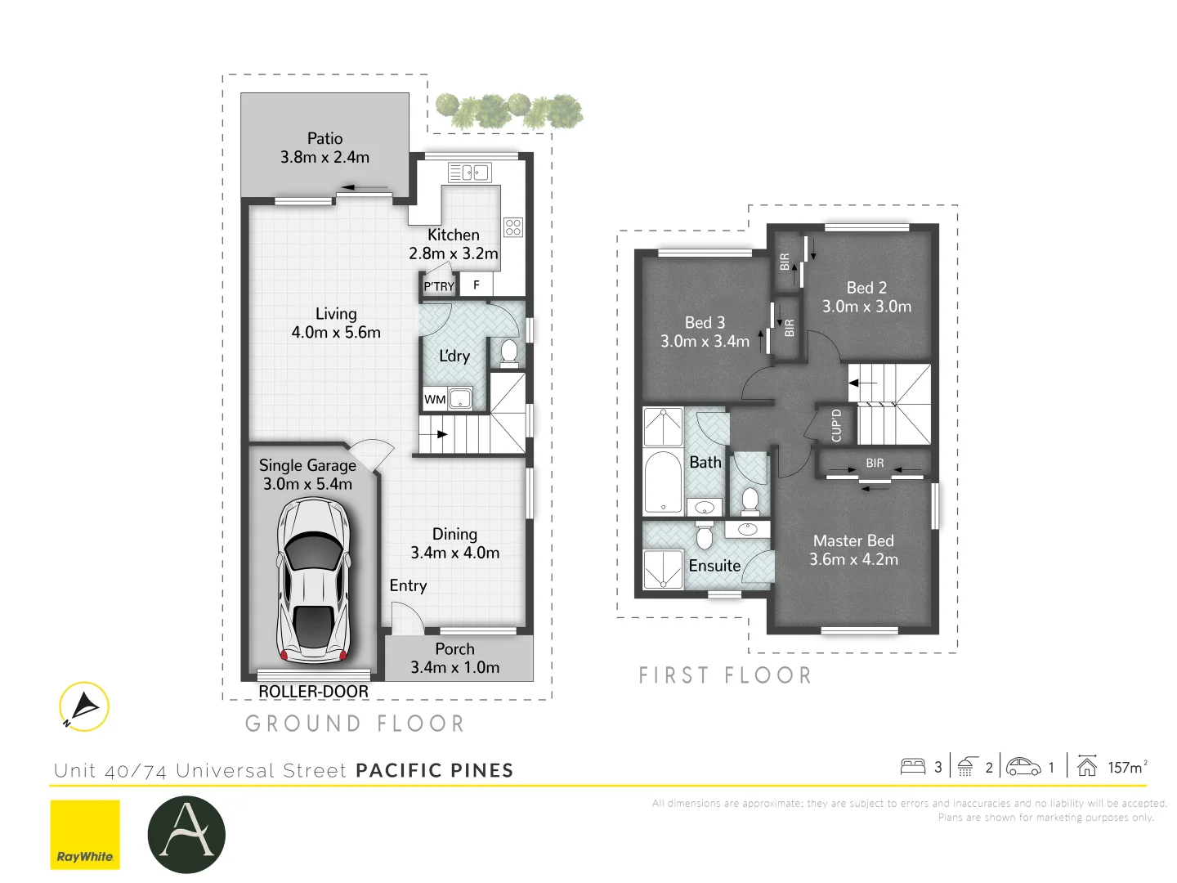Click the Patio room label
324,138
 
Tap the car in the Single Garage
314,580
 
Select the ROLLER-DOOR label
313,692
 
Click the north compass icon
83,706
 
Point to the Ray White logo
85,834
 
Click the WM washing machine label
434,400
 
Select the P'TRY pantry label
438,286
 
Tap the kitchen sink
469,173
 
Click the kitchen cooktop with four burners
513,226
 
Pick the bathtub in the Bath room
663,482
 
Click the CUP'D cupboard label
836,425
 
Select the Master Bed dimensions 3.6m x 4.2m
853,560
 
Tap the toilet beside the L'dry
509,352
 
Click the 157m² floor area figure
1127,767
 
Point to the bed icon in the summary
912,766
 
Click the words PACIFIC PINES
435,770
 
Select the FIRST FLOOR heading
725,675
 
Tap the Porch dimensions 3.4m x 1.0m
454,668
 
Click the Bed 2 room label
866,288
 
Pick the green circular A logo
186,834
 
